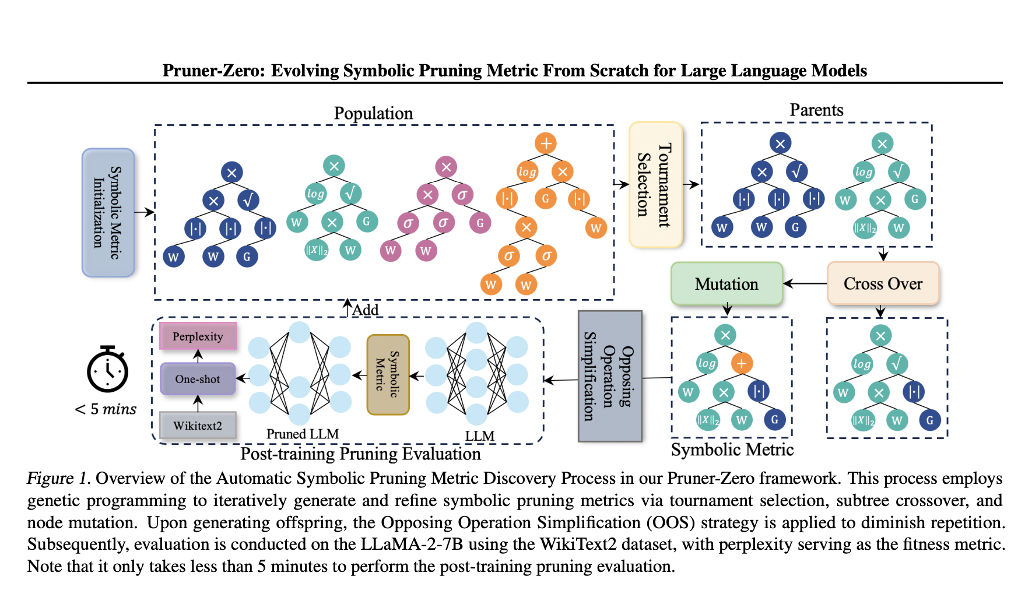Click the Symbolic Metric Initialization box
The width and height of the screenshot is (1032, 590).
click(x=108, y=212)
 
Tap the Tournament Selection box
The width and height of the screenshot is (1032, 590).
click(x=655, y=185)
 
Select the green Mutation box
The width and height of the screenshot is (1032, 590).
click(x=726, y=284)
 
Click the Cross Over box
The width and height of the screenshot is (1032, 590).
click(x=883, y=283)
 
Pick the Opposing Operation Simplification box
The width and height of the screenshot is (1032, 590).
click(x=610, y=376)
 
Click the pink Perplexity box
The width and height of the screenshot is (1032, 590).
click(x=198, y=336)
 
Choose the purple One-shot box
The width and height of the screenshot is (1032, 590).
click(x=198, y=379)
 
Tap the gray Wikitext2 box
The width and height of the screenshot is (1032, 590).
click(x=198, y=426)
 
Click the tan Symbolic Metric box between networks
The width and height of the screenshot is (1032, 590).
click(x=388, y=375)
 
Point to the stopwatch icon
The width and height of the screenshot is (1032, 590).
click(x=108, y=370)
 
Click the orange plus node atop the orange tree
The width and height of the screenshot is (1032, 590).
click(x=546, y=143)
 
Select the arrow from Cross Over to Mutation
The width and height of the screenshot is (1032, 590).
click(x=805, y=284)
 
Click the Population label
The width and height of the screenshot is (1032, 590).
click(x=373, y=113)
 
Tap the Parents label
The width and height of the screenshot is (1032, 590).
click(x=816, y=110)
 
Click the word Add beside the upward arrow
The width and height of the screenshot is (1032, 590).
click(x=366, y=310)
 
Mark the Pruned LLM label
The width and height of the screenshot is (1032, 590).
click(x=302, y=434)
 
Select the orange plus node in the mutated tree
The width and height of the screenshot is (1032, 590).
click(x=741, y=363)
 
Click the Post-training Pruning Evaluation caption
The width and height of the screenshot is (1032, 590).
click(x=360, y=454)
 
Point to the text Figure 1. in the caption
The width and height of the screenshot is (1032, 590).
click(x=58, y=478)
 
